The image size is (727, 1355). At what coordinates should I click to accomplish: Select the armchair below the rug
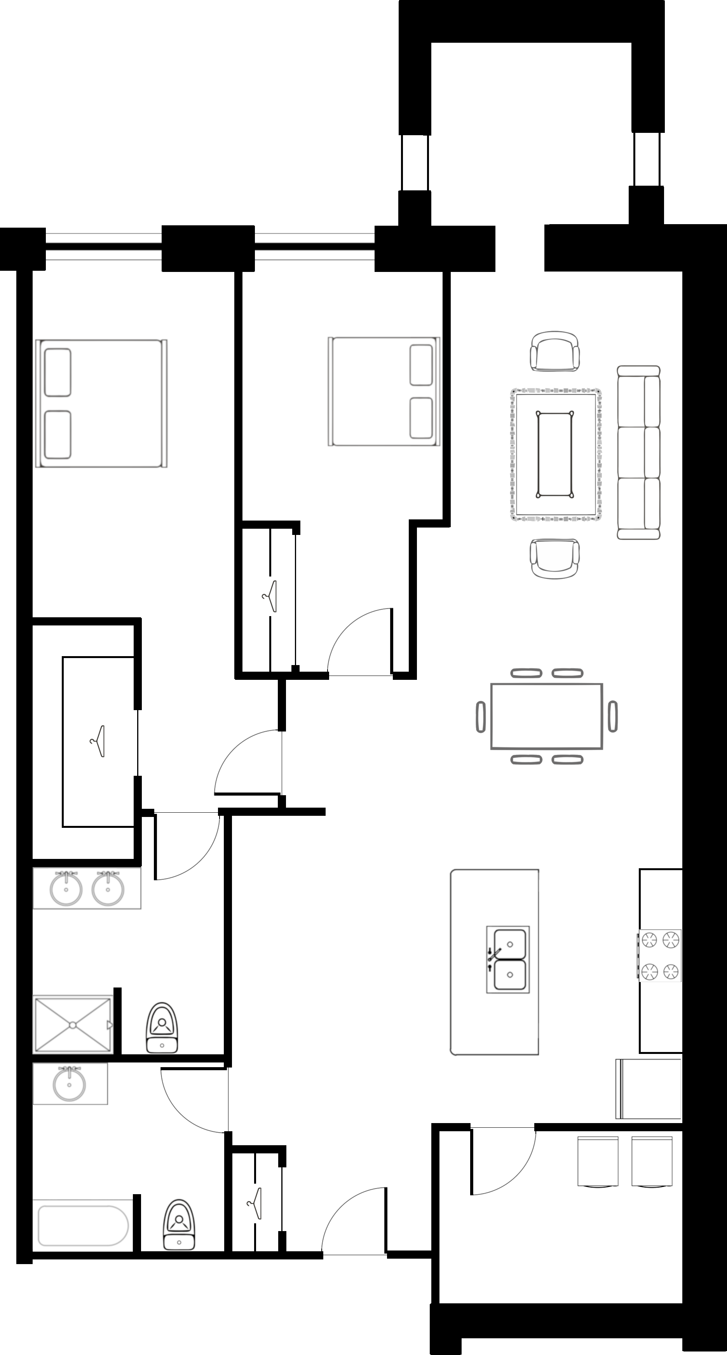(554, 559)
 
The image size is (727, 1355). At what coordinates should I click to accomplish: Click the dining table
(547, 716)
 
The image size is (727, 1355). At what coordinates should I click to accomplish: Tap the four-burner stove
(660, 955)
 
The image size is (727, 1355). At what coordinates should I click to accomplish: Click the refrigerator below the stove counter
(649, 1089)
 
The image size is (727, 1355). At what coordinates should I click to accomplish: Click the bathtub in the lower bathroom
(83, 1226)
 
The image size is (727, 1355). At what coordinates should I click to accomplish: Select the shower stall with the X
(73, 1025)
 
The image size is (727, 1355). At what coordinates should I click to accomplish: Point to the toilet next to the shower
(162, 1028)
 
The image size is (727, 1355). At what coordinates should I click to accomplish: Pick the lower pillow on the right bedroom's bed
(421, 418)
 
